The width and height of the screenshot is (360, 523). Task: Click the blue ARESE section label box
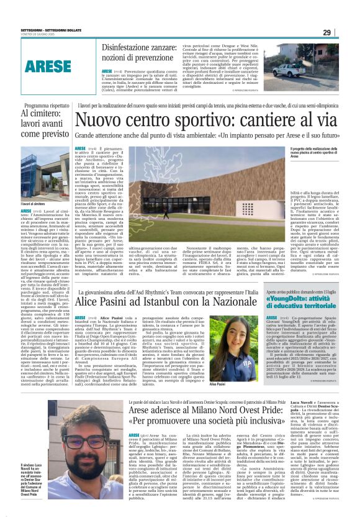tap(48, 63)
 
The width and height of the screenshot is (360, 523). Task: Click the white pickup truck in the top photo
tap(325, 69)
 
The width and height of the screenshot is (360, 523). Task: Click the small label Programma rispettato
tap(43, 106)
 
